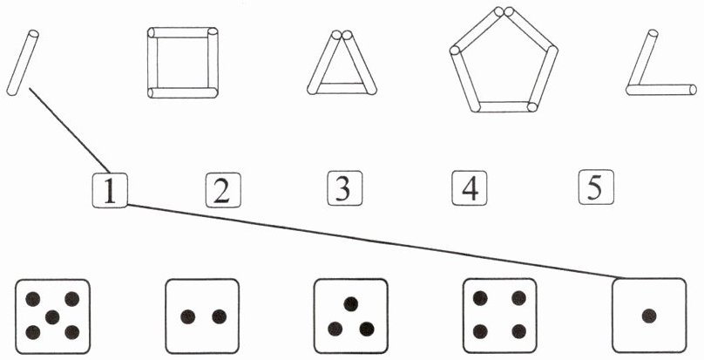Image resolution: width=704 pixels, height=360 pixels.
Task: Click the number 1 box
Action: (110, 190)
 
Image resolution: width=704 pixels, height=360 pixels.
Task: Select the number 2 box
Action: (222, 190)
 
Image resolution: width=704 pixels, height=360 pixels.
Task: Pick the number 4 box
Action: (469, 189)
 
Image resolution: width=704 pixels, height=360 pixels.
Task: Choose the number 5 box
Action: (595, 187)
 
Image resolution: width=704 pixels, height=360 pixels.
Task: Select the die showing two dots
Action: (202, 316)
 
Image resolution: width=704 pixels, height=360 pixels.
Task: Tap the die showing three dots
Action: (350, 316)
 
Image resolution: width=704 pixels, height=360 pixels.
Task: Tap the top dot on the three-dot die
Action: (350, 302)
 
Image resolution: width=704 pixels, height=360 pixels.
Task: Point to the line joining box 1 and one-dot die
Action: (375, 241)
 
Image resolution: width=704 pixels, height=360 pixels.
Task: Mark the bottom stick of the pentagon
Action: (504, 106)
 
